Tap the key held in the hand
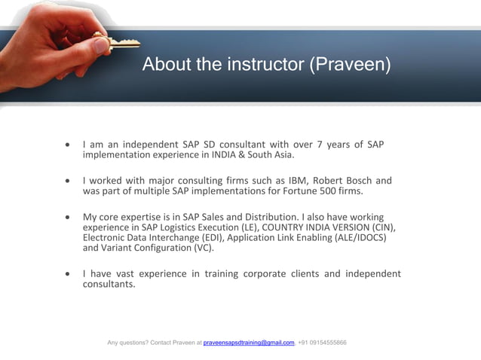tap(113, 44)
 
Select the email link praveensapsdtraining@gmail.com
tap(249, 343)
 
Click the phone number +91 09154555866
tap(322, 343)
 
